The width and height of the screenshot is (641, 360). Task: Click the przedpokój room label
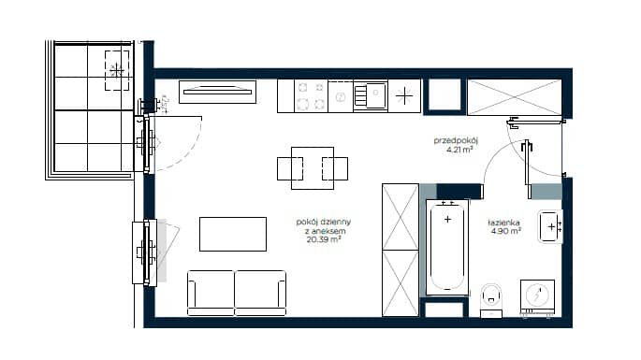456,140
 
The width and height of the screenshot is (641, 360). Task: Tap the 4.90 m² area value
506,231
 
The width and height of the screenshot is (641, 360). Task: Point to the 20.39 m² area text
324,239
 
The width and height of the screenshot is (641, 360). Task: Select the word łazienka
503,223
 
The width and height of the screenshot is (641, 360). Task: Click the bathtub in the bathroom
447,247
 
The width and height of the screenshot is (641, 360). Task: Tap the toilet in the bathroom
491,299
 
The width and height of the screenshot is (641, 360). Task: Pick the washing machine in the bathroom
537,297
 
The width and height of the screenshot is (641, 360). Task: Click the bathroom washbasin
550,226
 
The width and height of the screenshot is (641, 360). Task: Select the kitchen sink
371,96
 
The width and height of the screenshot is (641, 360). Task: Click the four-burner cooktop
311,96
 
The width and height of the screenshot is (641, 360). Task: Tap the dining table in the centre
313,168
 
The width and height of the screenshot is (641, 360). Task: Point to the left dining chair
290,168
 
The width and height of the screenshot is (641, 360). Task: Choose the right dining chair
335,168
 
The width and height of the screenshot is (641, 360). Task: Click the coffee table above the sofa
233,234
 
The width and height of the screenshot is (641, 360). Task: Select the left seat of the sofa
211,293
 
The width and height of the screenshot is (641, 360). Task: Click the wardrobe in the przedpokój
515,97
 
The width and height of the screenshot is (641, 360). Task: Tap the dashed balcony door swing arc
191,154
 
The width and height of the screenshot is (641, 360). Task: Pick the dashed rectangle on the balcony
117,70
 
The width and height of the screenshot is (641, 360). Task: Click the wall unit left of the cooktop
217,92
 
